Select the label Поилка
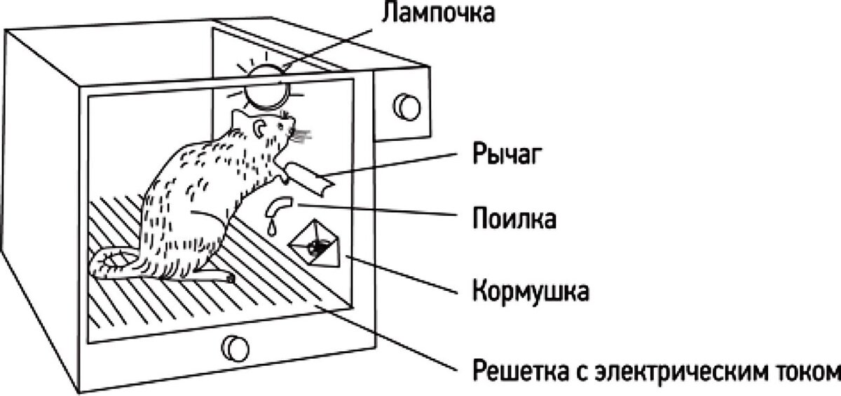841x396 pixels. [x=514, y=219]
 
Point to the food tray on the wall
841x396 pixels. [x=316, y=243]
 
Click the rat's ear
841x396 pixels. [x=260, y=128]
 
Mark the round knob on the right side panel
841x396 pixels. [x=406, y=106]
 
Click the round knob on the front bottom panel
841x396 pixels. [x=234, y=347]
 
